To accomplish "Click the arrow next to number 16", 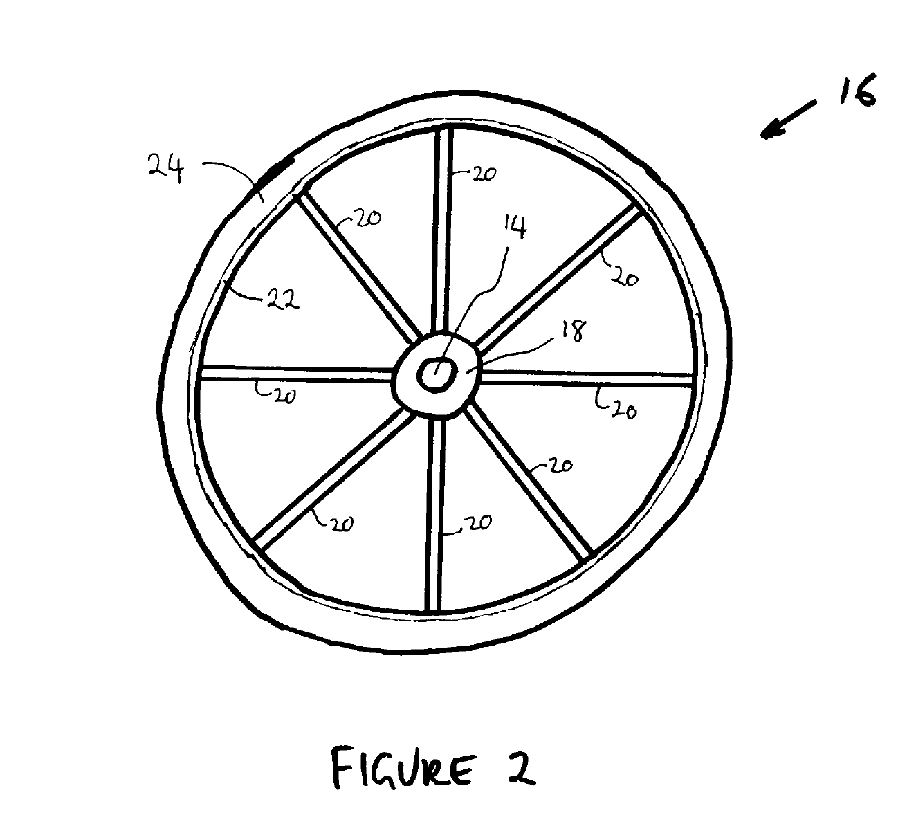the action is tap(788, 119).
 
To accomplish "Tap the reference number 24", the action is tap(166, 168).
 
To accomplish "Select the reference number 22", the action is tap(283, 300).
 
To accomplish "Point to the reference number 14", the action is tap(515, 227).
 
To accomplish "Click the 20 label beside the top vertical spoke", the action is tap(484, 174).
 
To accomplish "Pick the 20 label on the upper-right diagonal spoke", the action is tap(624, 277).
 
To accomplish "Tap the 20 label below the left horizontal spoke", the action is tap(284, 396).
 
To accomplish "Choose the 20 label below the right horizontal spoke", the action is tap(624, 410).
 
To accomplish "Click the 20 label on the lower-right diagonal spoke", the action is tap(560, 466).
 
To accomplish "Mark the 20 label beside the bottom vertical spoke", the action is tap(477, 523).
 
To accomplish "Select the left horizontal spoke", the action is tap(297, 374).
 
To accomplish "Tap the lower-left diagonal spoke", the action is tap(333, 479).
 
